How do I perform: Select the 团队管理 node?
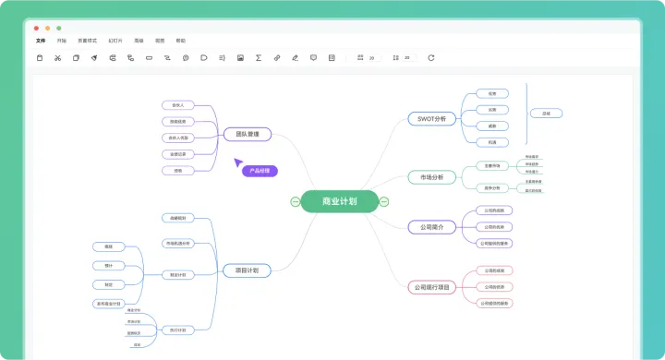[247, 134]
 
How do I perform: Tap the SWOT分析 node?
[431, 119]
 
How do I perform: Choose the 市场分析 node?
[431, 177]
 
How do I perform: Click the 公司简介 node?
[431, 226]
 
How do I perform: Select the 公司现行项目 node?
[431, 287]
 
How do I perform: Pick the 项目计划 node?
[247, 270]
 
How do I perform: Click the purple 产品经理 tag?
[260, 171]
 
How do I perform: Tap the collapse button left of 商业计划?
[295, 201]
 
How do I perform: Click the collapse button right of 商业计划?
[384, 201]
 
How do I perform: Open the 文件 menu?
[40, 41]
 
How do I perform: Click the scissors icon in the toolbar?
[57, 58]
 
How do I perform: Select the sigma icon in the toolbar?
[258, 58]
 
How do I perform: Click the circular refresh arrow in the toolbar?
[430, 58]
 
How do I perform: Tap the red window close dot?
[37, 28]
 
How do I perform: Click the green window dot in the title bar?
[59, 28]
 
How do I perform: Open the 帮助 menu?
[180, 41]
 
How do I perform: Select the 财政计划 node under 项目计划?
[177, 274]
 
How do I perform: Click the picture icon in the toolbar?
[240, 58]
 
